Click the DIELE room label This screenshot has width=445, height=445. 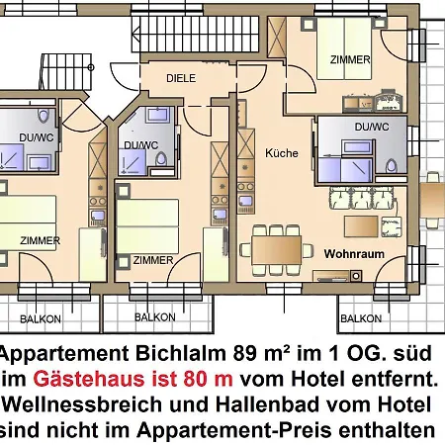[181, 78]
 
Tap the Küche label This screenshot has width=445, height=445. [282, 153]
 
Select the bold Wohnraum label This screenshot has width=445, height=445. [354, 254]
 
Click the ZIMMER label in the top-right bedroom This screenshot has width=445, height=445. [350, 59]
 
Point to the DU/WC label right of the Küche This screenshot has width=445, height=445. [372, 127]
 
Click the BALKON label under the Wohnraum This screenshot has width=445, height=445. [361, 318]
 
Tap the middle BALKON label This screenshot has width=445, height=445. [155, 317]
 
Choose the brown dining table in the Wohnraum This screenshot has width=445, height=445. [276, 249]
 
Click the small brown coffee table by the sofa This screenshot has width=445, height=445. [361, 226]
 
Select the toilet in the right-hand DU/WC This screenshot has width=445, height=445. [392, 166]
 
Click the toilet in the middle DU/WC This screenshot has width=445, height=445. [161, 159]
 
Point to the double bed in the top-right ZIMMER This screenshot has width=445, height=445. [344, 48]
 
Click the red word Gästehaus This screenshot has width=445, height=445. [89, 379]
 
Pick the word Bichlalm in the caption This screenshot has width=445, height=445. [181, 353]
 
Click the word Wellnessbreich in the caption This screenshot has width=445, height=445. [84, 404]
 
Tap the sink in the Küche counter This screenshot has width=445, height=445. [245, 201]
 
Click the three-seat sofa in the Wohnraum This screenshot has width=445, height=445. [362, 198]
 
